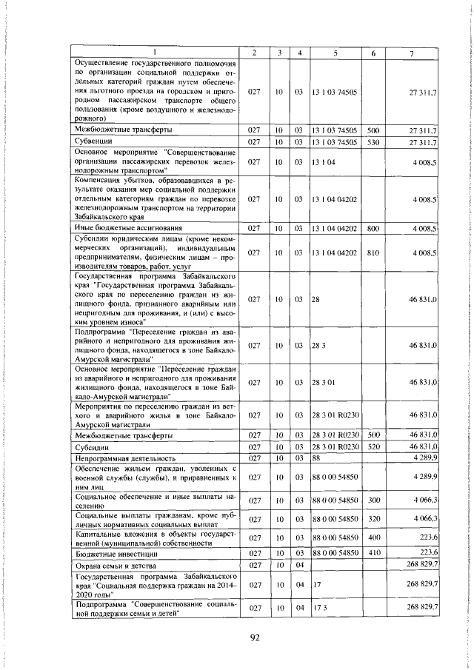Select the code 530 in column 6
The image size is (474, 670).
coord(373,141)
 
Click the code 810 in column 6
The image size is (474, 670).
coord(373,252)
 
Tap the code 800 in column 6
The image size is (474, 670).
coord(373,228)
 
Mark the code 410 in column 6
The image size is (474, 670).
coord(373,552)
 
